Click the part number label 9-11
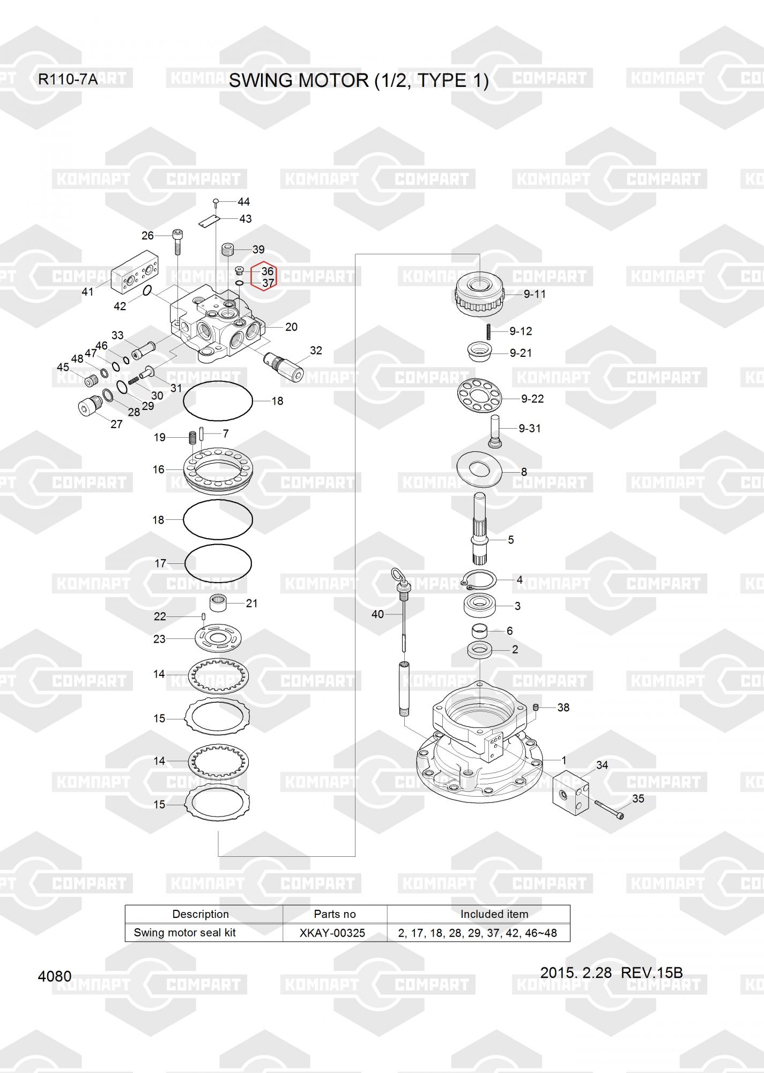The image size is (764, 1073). (535, 294)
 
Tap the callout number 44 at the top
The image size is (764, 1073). (243, 202)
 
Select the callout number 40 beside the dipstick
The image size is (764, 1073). (377, 614)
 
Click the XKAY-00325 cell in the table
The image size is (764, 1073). (332, 933)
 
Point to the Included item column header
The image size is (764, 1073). (494, 914)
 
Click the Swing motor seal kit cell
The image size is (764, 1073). (185, 932)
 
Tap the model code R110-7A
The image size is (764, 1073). (68, 80)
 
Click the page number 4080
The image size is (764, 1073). (55, 976)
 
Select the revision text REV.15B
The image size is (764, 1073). (651, 973)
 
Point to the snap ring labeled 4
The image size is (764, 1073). (479, 580)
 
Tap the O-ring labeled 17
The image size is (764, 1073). (218, 563)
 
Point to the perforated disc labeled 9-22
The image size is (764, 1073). (479, 396)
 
